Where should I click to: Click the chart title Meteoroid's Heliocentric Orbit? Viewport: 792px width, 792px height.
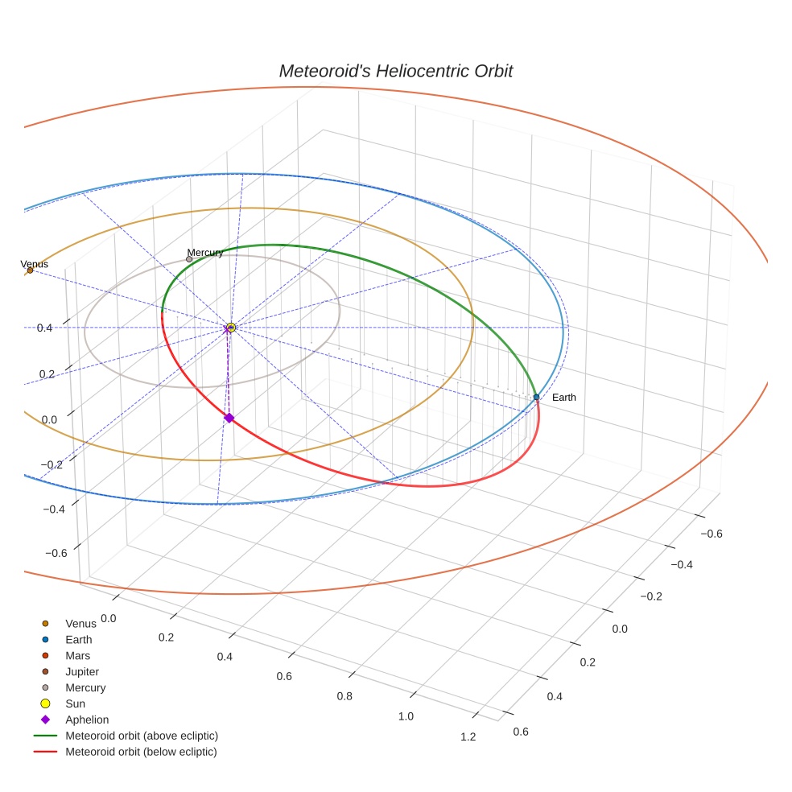[395, 71]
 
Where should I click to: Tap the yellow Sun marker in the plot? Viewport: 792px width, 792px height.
[231, 328]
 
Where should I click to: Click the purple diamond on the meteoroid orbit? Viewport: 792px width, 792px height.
[229, 418]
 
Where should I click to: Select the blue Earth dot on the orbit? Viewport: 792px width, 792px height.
[536, 397]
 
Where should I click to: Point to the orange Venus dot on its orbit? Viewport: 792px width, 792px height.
[30, 270]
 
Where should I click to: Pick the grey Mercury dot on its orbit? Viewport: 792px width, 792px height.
[189, 259]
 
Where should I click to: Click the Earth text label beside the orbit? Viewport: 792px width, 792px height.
[563, 398]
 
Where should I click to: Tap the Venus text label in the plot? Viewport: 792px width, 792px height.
[34, 264]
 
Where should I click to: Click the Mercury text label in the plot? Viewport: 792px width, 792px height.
[205, 253]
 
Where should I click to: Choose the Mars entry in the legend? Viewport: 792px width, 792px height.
[77, 655]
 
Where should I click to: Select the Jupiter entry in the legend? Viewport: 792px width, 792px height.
[81, 671]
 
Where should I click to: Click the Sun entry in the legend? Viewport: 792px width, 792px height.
[75, 703]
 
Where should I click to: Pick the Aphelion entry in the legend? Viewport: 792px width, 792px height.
[86, 720]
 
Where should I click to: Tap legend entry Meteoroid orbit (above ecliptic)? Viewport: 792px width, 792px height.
[141, 736]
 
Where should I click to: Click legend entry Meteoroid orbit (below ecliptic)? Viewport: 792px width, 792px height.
[141, 752]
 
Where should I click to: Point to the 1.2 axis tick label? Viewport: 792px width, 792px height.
[467, 736]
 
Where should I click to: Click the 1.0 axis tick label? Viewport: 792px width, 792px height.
[406, 716]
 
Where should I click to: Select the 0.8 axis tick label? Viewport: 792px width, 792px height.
[344, 696]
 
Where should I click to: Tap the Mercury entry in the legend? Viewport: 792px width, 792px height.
[85, 687]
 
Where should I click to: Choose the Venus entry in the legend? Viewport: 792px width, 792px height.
[80, 624]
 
